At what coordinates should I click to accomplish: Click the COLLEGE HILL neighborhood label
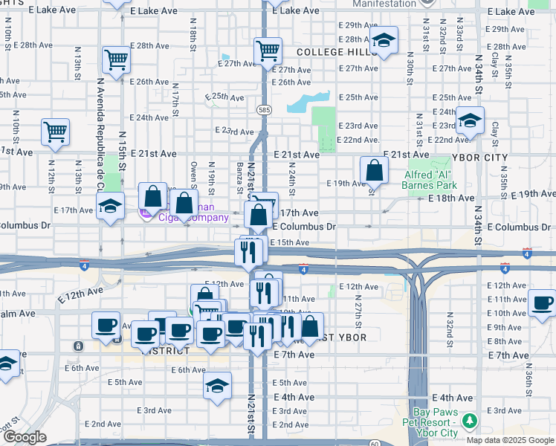[x=331, y=53]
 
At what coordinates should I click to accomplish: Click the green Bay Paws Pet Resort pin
[x=469, y=422]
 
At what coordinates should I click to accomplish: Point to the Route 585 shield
[x=265, y=109]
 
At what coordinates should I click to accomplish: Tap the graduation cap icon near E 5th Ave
[x=217, y=386]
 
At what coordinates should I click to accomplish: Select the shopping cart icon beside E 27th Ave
[x=268, y=51]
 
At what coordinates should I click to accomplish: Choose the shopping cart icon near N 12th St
[x=56, y=132]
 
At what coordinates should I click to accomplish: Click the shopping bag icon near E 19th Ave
[x=375, y=170]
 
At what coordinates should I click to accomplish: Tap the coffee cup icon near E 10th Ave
[x=543, y=303]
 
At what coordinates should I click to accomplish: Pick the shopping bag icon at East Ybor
[x=311, y=326]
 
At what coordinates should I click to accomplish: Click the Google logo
[x=25, y=437]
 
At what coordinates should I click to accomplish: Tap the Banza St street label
[x=240, y=175]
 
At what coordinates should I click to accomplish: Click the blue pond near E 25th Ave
[x=307, y=101]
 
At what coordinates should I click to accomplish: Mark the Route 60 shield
[x=374, y=443]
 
